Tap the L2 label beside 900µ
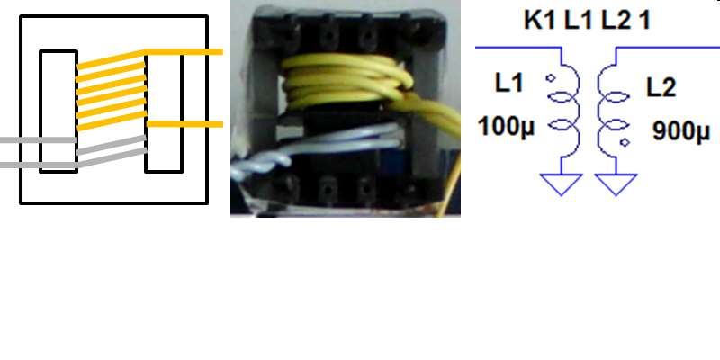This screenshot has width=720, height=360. pos(661,87)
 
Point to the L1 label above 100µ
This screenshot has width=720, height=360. pos(508,84)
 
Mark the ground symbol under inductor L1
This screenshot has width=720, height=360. pos(562,184)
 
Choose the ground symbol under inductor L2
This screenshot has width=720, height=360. pos(615,184)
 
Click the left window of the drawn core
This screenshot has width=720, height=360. pos(58,111)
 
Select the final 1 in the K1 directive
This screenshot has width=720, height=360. pos(644,20)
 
